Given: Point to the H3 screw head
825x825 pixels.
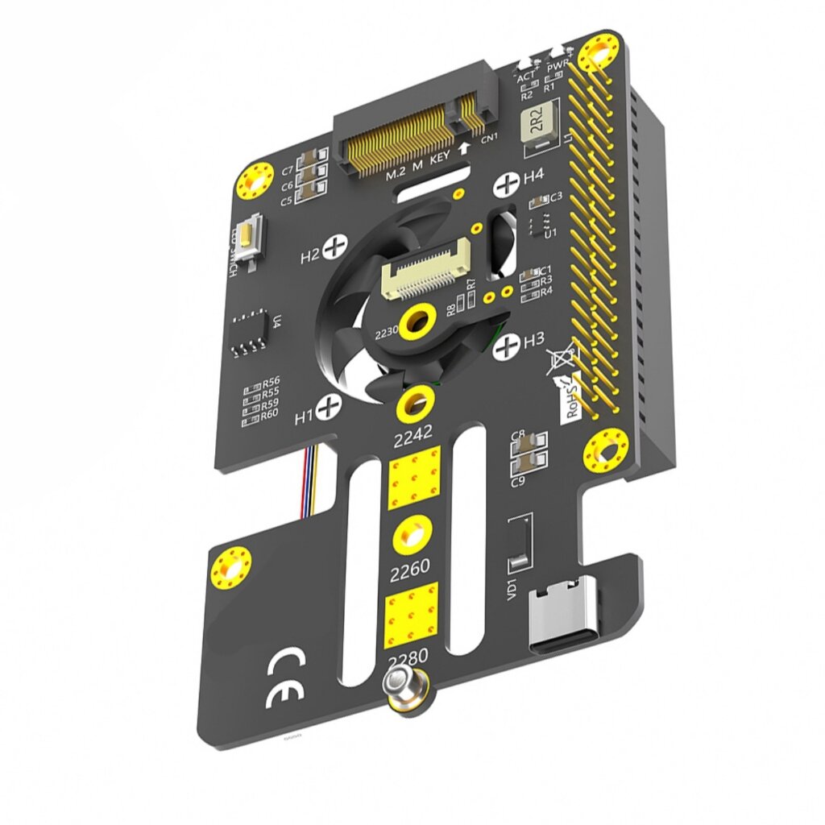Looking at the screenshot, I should (x=507, y=347).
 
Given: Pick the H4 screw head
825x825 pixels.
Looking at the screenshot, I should (x=507, y=184).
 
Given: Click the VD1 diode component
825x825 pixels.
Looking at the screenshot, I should (x=520, y=541).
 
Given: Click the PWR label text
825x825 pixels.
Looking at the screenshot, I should (x=557, y=64).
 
